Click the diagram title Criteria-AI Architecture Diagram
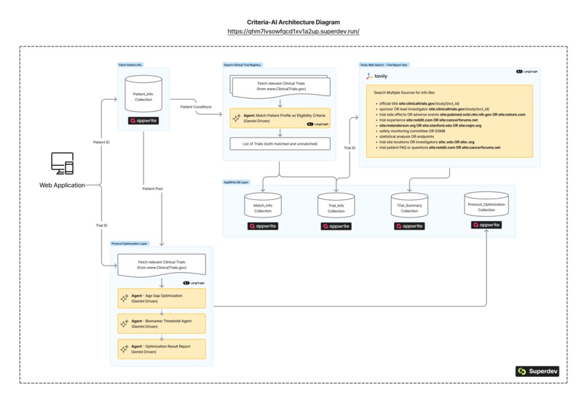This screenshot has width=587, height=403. point(293,23)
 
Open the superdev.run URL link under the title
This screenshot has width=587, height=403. point(293,32)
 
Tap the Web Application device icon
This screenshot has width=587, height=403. point(62,164)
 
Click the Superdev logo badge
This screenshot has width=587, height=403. point(536,371)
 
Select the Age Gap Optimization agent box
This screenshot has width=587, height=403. point(162,298)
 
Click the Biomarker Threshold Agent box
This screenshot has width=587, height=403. point(162,323)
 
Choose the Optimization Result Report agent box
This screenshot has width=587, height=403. point(162,348)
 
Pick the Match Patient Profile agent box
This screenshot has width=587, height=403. point(280,118)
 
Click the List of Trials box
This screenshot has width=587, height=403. point(280,144)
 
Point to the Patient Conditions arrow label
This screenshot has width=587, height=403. point(196,107)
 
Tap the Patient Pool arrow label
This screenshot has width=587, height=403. point(153,188)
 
